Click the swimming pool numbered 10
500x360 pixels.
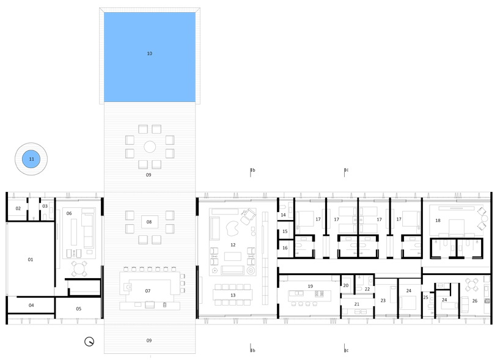point(150,57)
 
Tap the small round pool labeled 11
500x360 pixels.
point(31,159)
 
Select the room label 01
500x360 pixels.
point(31,260)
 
